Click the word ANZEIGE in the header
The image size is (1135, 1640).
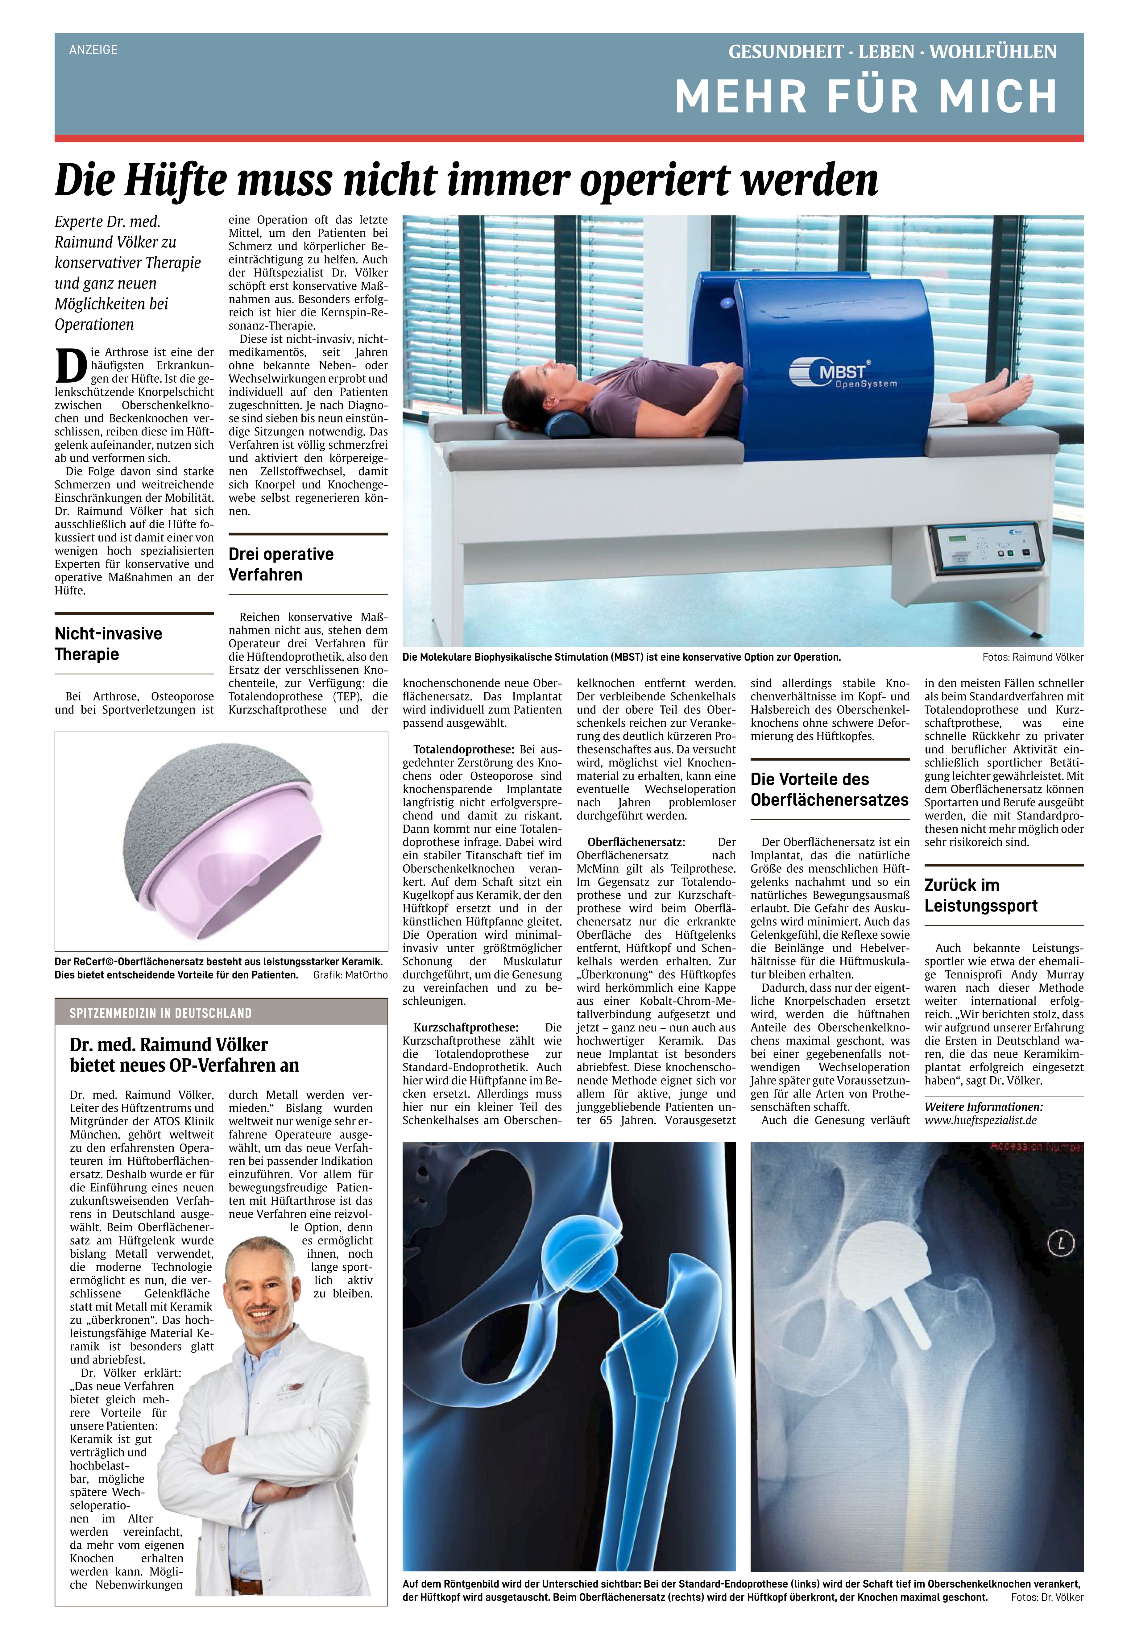pos(93,50)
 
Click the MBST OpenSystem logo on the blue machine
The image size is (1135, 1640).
pos(843,373)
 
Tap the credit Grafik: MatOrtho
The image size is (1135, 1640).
pos(350,975)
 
